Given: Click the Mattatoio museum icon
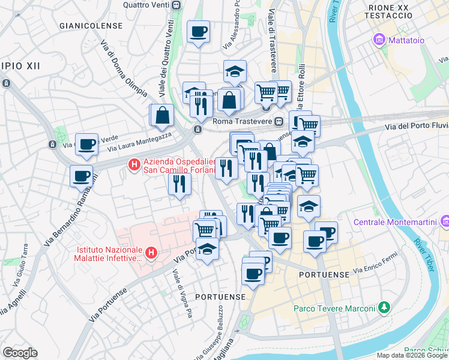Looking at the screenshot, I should coord(379,41).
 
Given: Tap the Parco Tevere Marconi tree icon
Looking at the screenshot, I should coord(384,308).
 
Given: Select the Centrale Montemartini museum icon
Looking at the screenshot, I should coord(444,222).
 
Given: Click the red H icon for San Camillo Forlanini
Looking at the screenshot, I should coord(135,163).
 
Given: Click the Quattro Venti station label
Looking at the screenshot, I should coord(146,4).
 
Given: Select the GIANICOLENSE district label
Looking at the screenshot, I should coord(91,26).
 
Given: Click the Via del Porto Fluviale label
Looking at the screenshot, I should coord(416,126).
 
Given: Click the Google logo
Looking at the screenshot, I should coord(20,353).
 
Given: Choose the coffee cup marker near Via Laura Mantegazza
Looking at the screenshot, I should coord(86,144).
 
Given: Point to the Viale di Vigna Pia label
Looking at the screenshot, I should coord(180,290).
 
